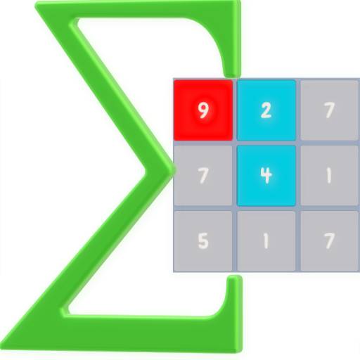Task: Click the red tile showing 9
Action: (x=203, y=110)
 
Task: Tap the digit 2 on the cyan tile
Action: (x=266, y=110)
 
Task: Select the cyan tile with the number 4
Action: (x=266, y=176)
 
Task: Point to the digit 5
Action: (x=203, y=240)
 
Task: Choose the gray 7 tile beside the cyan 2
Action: (x=330, y=110)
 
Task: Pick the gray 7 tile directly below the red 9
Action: (x=203, y=176)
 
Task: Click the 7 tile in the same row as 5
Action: (x=330, y=241)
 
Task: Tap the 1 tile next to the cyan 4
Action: (x=330, y=176)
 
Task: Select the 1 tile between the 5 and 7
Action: (x=266, y=241)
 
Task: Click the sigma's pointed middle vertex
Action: (x=175, y=169)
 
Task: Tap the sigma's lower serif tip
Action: (x=234, y=277)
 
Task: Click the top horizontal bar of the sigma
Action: (x=139, y=9)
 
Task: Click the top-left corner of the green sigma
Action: (x=35, y=5)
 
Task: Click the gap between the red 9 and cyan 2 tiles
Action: (x=235, y=110)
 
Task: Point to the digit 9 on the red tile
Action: (x=203, y=110)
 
